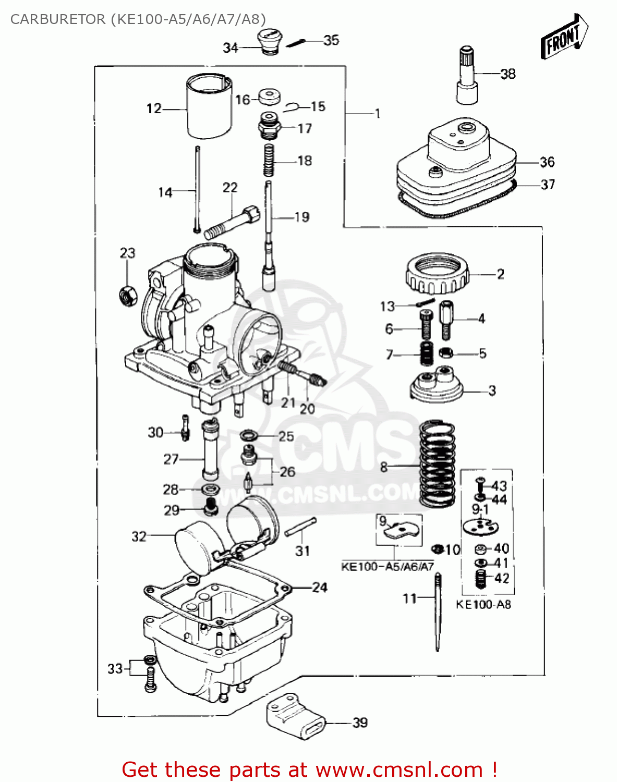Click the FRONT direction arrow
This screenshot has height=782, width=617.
point(565,36)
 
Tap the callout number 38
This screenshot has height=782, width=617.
point(507,74)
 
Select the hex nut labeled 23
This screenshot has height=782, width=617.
point(127,296)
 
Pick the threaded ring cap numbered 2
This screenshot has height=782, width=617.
point(437,274)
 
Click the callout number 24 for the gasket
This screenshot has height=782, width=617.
point(319,587)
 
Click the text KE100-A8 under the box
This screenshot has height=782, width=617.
point(483,605)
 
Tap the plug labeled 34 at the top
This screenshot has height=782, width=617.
point(269,42)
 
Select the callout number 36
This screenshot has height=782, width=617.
point(547,162)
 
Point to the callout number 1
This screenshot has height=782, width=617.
point(377,113)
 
